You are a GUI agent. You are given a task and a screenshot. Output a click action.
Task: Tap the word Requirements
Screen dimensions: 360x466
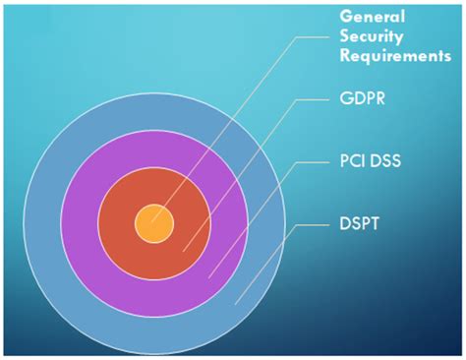(x=392, y=56)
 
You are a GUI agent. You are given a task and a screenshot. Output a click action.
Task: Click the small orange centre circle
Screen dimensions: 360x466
(x=153, y=223)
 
